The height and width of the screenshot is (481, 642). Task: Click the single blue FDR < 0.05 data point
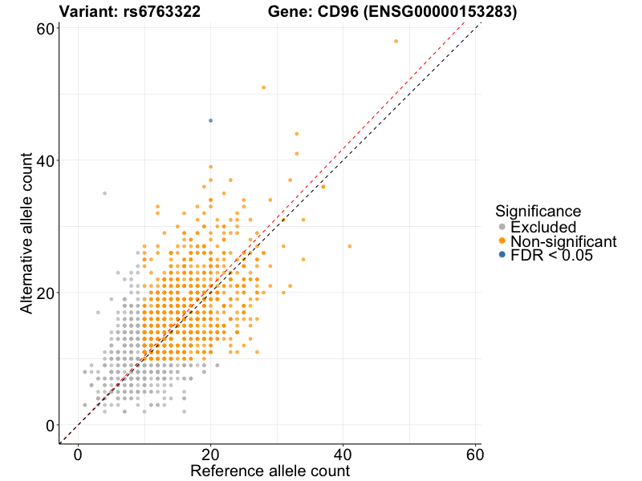(210, 120)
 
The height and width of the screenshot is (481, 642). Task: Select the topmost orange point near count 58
(396, 41)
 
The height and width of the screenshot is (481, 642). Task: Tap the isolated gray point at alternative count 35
(104, 193)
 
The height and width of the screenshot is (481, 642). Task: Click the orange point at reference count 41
(349, 246)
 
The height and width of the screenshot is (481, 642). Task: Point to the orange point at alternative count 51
(263, 87)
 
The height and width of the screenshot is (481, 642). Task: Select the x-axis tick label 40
(343, 454)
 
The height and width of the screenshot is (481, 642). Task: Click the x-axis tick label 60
(476, 454)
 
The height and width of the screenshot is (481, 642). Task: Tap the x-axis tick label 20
(210, 454)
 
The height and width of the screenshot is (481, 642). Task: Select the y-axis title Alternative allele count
(26, 234)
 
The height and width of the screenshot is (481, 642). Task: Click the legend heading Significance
(538, 211)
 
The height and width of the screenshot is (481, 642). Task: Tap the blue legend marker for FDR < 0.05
(502, 254)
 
